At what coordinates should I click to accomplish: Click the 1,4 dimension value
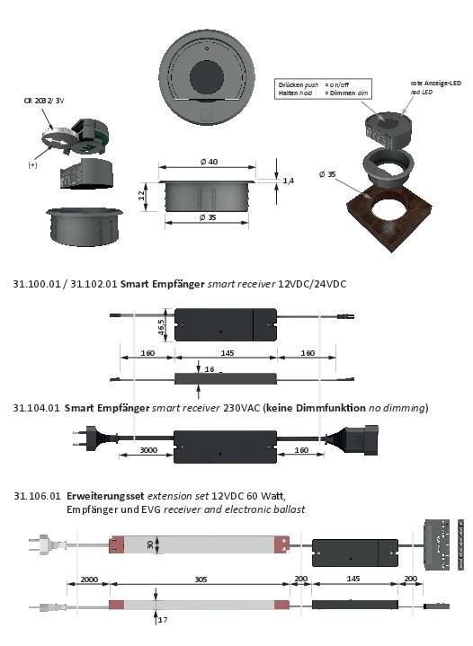click(289, 181)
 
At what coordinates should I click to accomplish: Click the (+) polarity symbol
click(32, 165)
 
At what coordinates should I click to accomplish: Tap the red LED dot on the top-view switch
click(208, 45)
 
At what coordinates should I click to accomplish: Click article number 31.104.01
click(36, 407)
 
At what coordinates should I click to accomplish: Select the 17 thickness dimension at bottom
click(162, 619)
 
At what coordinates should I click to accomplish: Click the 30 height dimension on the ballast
click(151, 544)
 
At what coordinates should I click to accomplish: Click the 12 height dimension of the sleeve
click(141, 194)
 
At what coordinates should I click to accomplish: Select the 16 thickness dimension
click(209, 369)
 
